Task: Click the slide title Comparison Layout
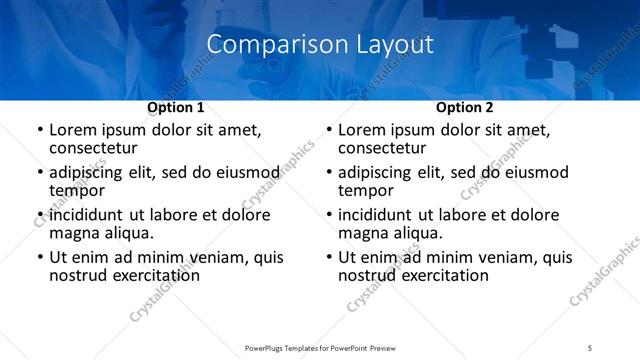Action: click(x=320, y=45)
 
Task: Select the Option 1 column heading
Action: click(x=175, y=107)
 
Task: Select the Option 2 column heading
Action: click(x=464, y=107)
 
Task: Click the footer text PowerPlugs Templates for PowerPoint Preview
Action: click(x=320, y=347)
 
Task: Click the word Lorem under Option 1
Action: click(x=74, y=130)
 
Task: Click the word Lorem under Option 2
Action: click(x=363, y=130)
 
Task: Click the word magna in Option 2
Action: click(x=365, y=233)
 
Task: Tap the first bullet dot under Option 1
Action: click(x=39, y=131)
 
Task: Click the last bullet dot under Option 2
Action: click(x=328, y=258)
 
